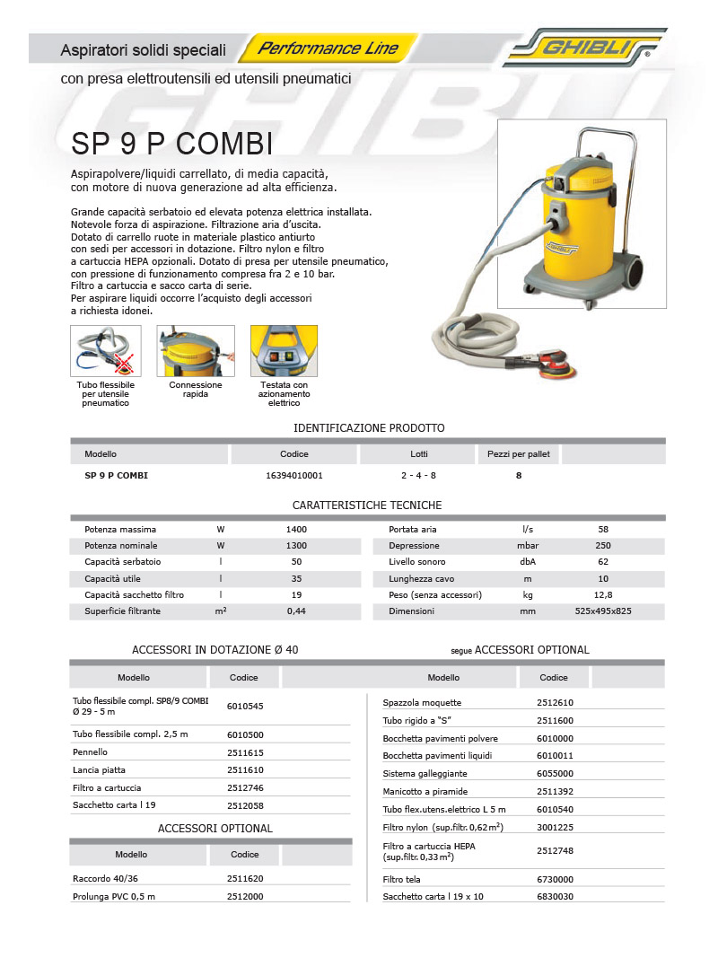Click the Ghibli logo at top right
[x=584, y=47]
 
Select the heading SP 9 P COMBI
[x=171, y=144]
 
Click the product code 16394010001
[x=294, y=476]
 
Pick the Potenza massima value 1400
[x=296, y=530]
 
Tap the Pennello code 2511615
[x=245, y=752]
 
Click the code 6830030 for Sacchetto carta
[x=555, y=897]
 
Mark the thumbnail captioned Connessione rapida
[x=196, y=351]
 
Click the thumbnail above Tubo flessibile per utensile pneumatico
[x=106, y=351]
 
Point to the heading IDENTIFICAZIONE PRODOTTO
[x=369, y=428]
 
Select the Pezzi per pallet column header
[x=519, y=454]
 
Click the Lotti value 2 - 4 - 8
[x=418, y=476]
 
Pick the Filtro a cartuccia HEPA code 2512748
[x=555, y=850]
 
